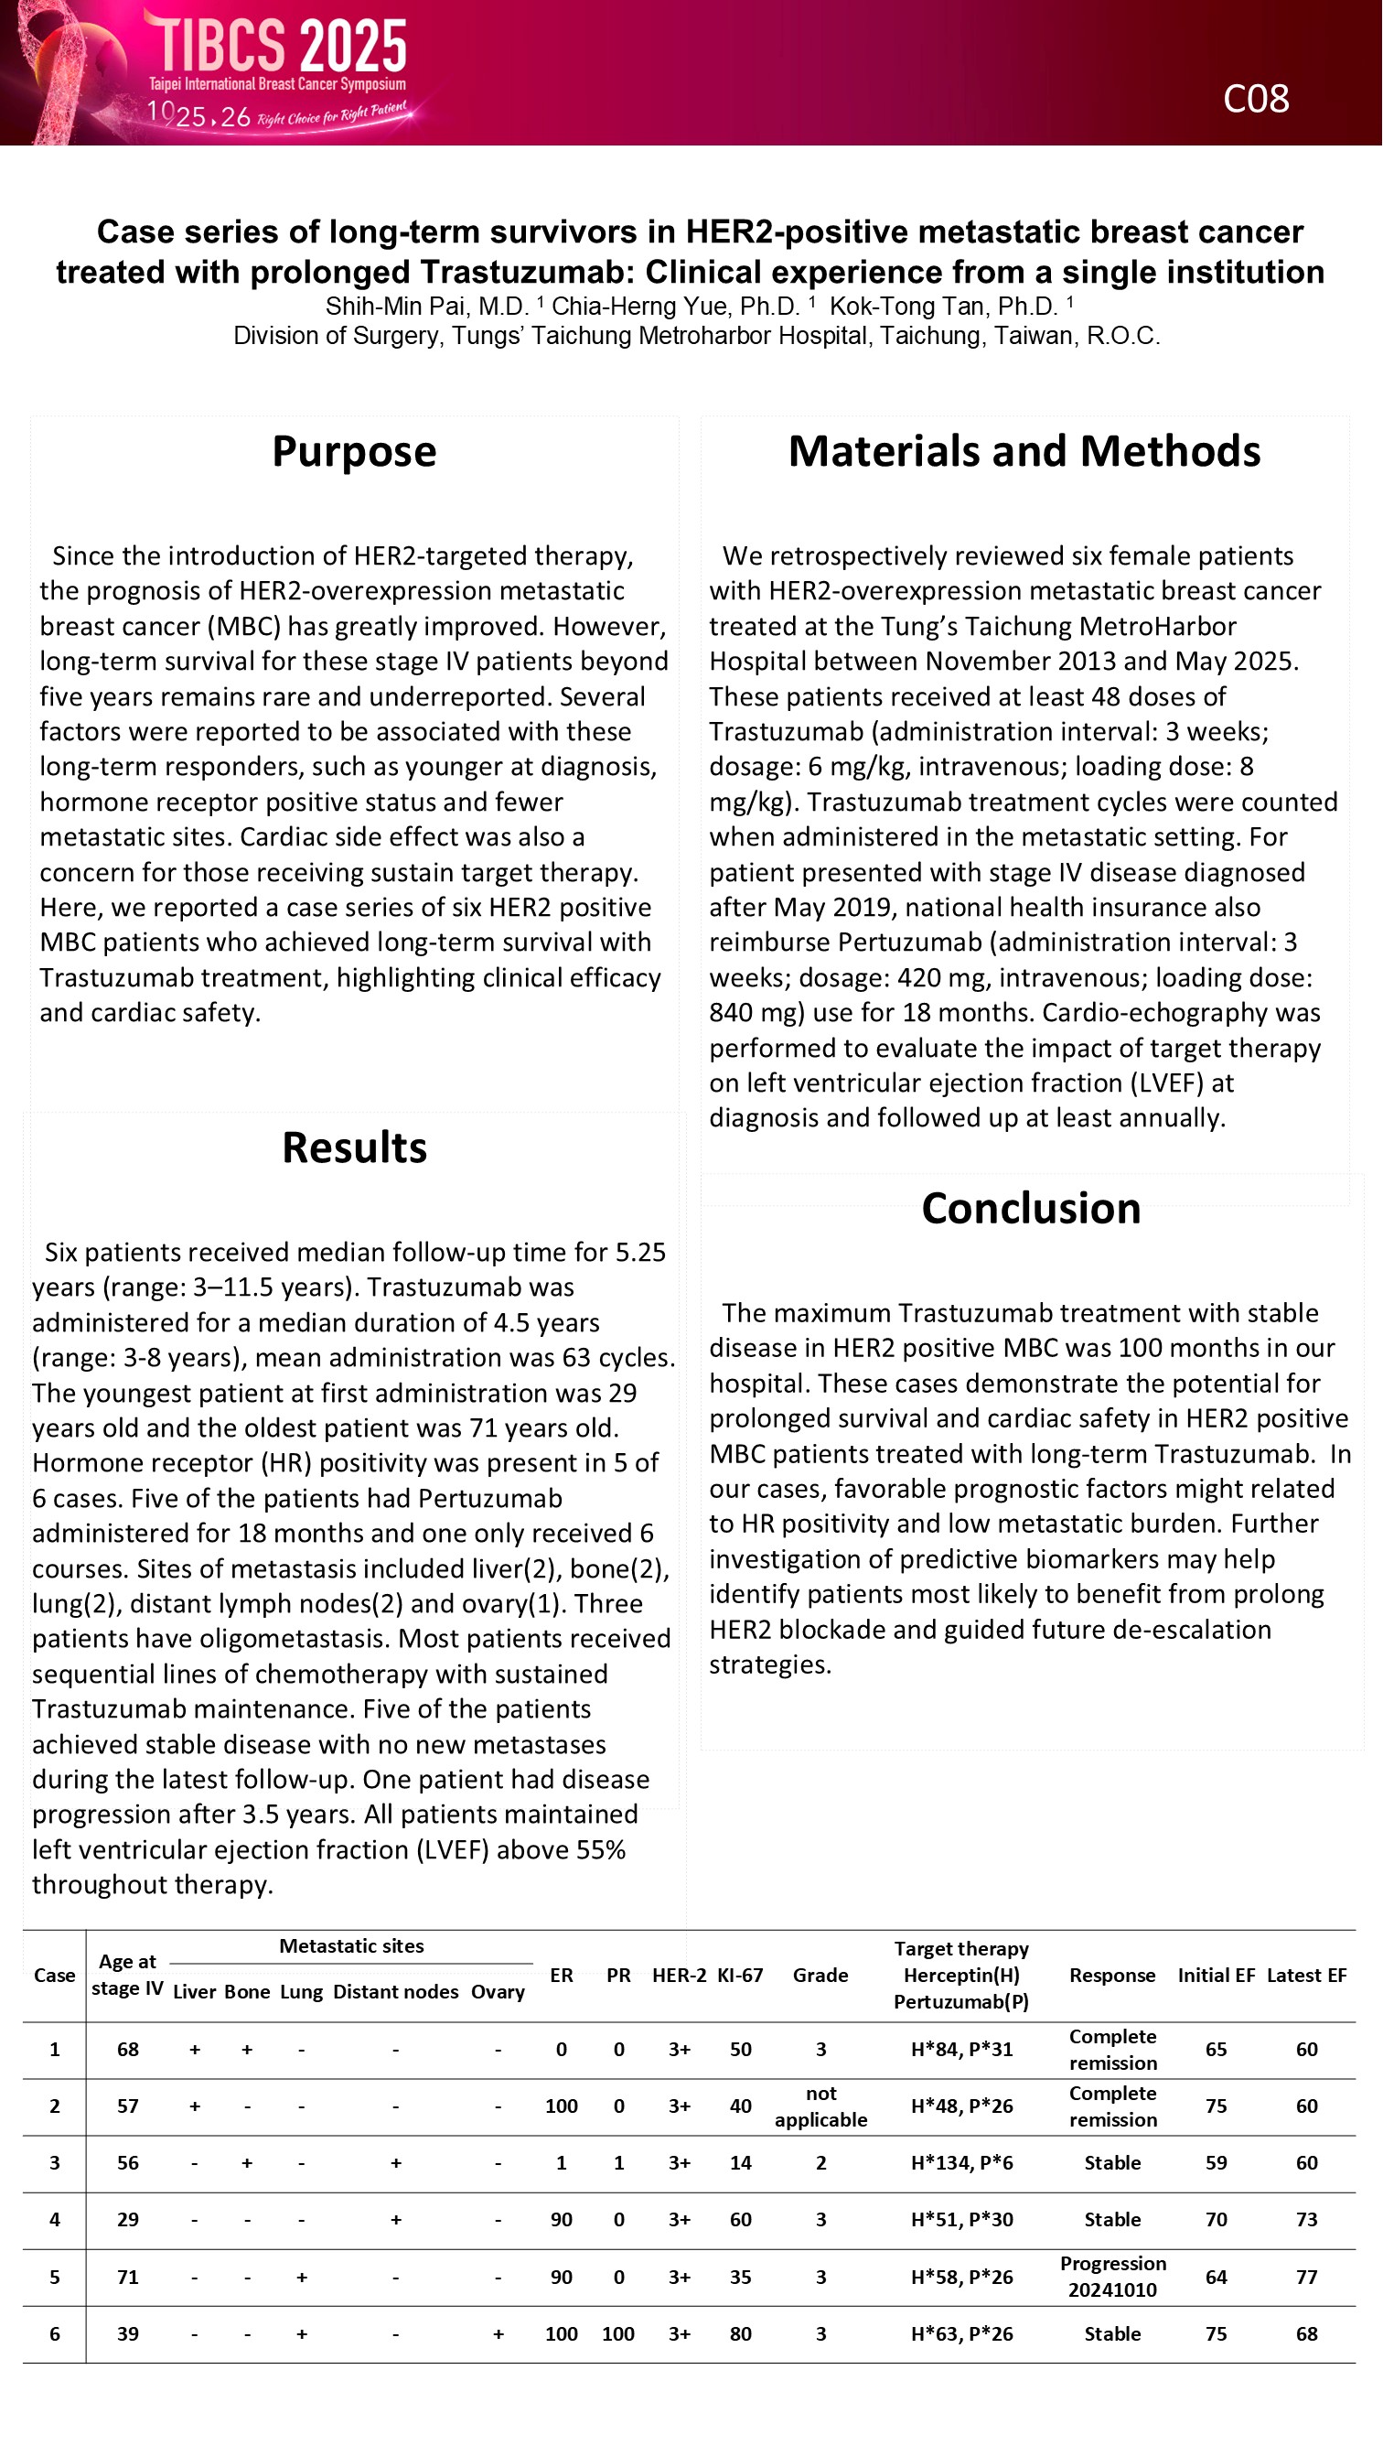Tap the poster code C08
1255,99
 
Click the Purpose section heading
354,451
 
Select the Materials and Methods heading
1024,451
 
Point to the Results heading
354,1147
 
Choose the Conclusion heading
1030,1208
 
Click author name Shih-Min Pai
427,306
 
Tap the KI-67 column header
740,1976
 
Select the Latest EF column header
1306,1976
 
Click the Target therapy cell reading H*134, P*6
960,2163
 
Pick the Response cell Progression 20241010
1112,2277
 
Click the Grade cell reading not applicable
820,2106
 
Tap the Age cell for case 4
128,2220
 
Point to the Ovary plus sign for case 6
498,2334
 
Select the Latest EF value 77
1306,2278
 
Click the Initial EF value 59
1216,2163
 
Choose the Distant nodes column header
395,1992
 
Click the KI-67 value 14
740,2163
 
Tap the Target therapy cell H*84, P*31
960,2049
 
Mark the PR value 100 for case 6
617,2334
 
